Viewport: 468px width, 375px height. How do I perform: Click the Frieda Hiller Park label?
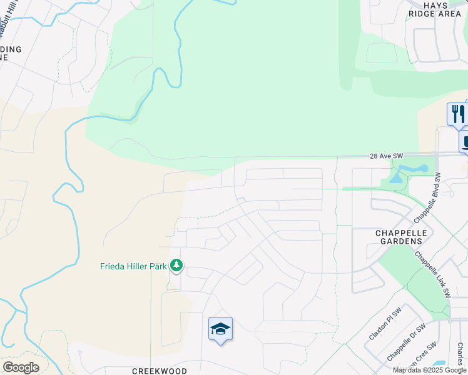(x=133, y=266)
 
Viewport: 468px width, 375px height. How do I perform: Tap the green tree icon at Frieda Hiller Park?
(x=176, y=266)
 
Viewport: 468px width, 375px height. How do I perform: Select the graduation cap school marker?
(x=220, y=328)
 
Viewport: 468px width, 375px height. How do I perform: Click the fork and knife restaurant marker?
(x=457, y=114)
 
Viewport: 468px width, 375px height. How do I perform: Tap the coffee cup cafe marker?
(x=465, y=141)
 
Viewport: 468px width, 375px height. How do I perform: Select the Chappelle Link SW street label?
(x=432, y=273)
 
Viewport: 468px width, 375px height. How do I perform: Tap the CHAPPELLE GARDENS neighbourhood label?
(x=400, y=237)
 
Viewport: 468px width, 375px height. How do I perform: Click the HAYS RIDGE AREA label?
(x=443, y=9)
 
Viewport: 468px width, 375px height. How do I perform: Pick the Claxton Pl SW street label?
(x=388, y=322)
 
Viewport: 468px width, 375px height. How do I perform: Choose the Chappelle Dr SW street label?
(x=406, y=342)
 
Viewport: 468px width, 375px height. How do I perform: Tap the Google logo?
(x=21, y=367)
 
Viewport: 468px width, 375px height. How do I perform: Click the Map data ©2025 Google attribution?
(x=430, y=370)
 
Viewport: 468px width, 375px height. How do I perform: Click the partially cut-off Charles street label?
(x=460, y=354)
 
